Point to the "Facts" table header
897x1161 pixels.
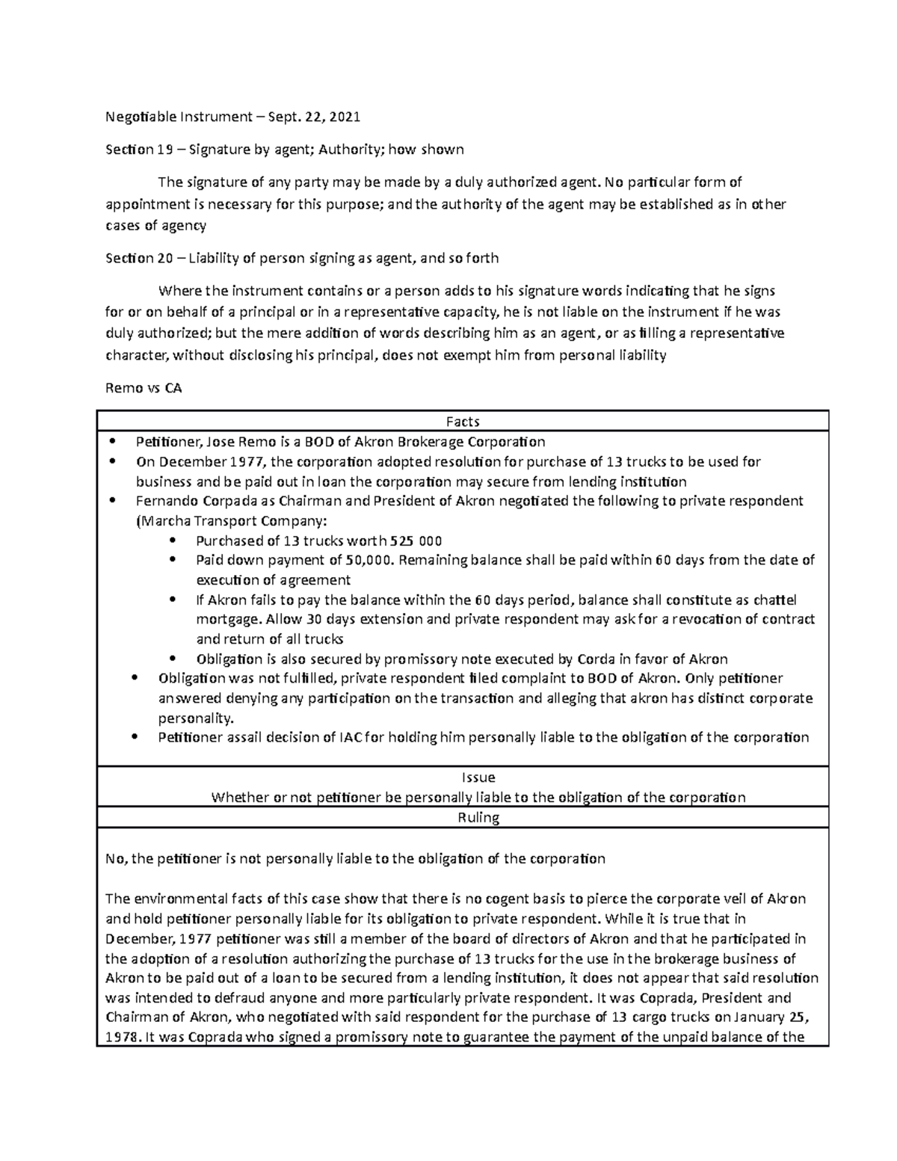(463, 422)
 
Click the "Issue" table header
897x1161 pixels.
(478, 777)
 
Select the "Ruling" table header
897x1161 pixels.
(478, 817)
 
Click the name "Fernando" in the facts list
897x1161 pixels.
(163, 501)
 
